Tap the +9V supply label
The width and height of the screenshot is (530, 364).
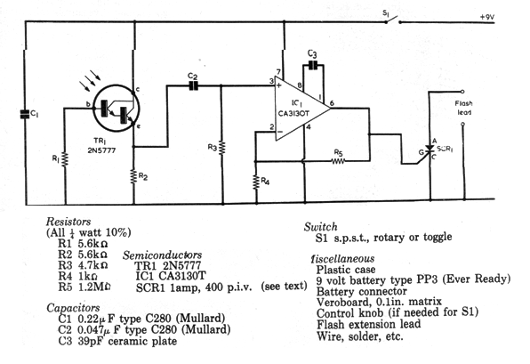[486, 17]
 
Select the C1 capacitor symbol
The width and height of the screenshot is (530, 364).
[25, 114]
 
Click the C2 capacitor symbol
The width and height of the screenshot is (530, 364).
[193, 86]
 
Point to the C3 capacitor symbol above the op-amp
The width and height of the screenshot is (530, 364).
[313, 65]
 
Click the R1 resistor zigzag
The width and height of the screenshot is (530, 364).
[65, 159]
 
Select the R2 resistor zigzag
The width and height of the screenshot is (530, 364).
[134, 176]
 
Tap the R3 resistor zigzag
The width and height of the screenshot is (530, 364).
[221, 148]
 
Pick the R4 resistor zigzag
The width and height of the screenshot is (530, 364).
[256, 182]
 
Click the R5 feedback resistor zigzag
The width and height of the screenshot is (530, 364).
[338, 161]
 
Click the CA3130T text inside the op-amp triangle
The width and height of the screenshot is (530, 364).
[293, 113]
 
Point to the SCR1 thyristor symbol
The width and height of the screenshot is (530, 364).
[430, 150]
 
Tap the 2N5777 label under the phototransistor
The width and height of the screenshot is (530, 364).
[101, 150]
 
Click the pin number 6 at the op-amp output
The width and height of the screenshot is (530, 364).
[332, 103]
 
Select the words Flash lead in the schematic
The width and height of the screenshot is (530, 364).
[464, 108]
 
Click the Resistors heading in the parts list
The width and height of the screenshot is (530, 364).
[68, 222]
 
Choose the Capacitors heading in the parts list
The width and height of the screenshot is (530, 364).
[73, 308]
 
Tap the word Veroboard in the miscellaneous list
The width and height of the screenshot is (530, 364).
[343, 302]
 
